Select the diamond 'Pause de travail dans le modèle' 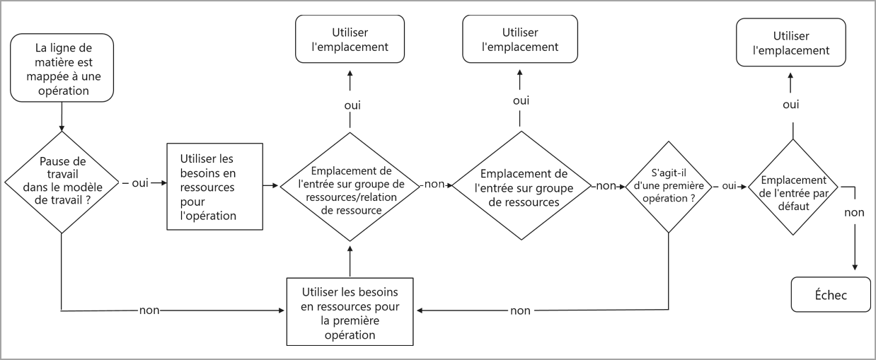point(62,182)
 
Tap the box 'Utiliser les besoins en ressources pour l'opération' point(214,186)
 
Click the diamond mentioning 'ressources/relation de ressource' point(350,185)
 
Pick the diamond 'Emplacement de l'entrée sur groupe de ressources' point(523,187)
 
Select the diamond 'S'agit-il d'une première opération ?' point(669,186)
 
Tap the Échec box point(830,295)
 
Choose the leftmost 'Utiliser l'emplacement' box point(350,40)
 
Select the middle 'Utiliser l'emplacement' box point(520,40)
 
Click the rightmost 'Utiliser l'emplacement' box point(791,43)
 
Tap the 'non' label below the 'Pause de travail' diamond point(149,310)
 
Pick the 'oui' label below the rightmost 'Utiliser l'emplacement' point(791,104)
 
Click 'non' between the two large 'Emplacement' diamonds point(434,184)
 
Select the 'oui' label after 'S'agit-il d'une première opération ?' point(729,186)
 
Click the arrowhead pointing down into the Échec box point(855,266)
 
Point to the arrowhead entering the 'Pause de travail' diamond point(62,128)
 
